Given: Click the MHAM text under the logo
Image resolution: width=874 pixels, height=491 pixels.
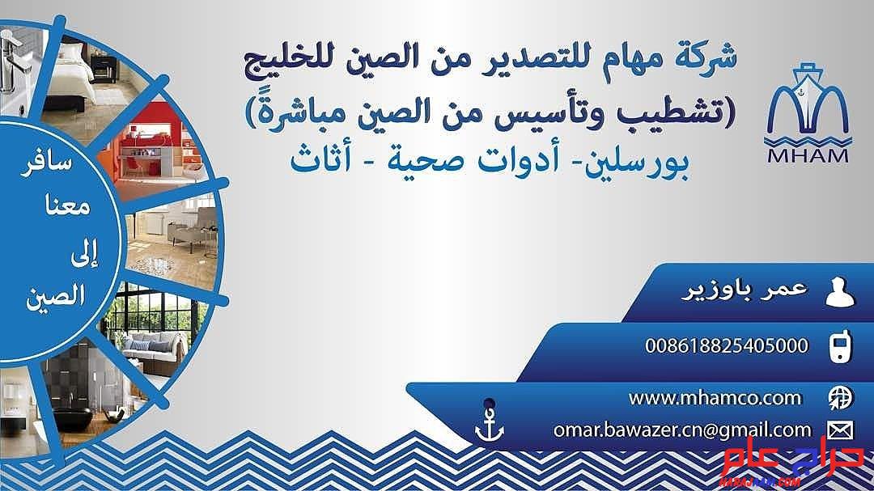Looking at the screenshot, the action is [808, 155].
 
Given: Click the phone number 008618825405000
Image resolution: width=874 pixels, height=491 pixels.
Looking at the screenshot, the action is [726, 345].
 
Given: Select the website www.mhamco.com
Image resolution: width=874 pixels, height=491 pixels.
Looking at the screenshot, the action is [715, 398].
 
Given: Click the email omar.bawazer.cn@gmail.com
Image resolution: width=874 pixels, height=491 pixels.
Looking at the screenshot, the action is [682, 430].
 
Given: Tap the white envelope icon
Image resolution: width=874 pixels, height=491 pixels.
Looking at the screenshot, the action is [840, 430].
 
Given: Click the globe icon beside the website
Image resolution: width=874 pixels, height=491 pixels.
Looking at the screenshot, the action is [840, 398].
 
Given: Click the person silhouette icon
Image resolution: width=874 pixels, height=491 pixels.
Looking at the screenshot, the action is [839, 293].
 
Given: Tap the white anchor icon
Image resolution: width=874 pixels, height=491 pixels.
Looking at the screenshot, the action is [490, 425].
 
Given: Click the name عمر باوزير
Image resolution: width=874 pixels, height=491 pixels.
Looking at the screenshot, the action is [745, 289].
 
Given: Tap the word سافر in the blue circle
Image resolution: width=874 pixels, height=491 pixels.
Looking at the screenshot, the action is [48, 165].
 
